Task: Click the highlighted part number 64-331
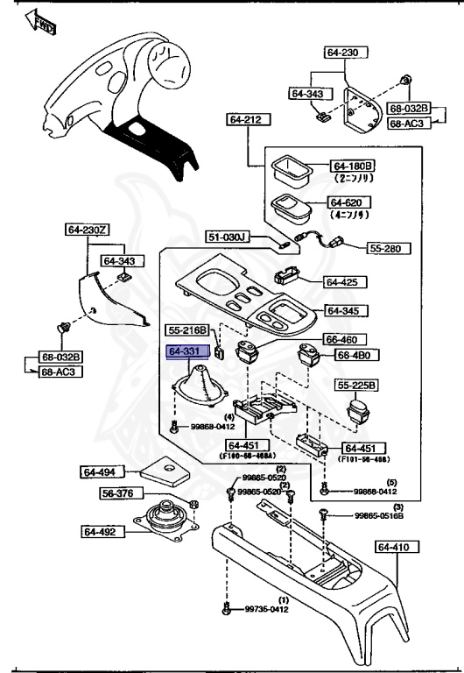pos(185,351)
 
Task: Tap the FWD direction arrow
pos(42,23)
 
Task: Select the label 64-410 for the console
pos(395,547)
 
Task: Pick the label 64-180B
pos(352,166)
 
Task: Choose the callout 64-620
pos(351,202)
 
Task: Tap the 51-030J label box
pos(228,237)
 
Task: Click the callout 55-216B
pos(188,330)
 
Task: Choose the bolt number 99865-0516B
pos(378,516)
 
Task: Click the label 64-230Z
pos(88,230)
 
